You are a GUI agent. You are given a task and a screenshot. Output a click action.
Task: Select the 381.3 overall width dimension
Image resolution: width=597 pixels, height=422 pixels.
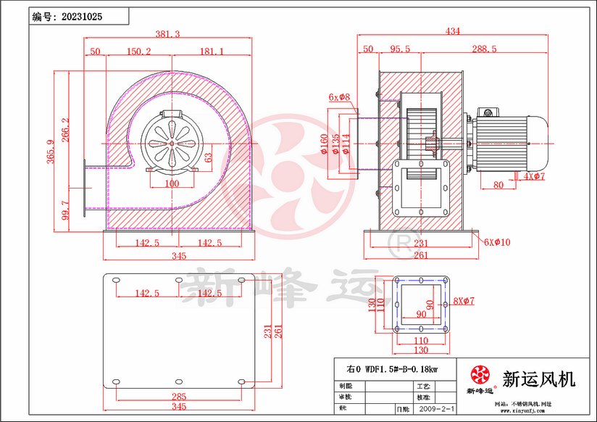coord(168,33)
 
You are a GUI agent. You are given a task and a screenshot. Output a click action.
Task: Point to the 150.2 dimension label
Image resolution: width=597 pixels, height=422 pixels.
coord(138,51)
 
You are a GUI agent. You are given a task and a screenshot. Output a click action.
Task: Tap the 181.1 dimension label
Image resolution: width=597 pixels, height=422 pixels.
coord(211,51)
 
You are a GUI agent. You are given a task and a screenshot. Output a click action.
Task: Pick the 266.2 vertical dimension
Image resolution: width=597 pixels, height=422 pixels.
coord(66,131)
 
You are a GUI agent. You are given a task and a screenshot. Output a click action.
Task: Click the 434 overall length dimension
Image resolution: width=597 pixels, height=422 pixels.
coord(453,31)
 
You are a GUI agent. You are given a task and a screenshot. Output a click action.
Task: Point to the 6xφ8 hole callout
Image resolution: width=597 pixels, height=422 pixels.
coord(338,96)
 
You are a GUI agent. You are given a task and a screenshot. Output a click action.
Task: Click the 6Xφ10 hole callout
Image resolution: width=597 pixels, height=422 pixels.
coord(497,242)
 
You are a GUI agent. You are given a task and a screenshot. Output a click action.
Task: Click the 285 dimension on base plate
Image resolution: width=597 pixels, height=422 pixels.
coord(179,396)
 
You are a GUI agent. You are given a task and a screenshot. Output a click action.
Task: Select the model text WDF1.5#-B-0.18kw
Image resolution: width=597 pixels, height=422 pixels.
coord(397,368)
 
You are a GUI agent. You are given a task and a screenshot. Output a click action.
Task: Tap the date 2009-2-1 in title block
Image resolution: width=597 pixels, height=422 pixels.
coord(437,409)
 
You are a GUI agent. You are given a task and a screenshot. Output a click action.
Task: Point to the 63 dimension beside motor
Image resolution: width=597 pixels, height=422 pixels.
coord(207,157)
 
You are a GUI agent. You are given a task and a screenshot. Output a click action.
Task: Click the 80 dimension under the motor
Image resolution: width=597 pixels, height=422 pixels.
coord(498,185)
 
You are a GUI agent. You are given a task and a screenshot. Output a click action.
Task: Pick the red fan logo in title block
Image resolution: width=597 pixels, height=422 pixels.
coord(479,376)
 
